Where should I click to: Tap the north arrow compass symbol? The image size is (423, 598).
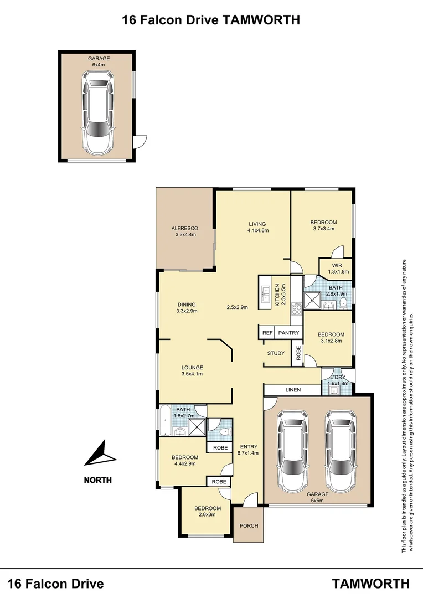101,455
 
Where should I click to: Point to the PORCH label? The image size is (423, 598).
249,525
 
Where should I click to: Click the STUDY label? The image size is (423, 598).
276,353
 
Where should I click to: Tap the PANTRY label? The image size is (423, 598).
288,333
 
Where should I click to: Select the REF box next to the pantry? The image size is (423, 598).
267,333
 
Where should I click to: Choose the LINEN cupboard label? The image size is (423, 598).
293,390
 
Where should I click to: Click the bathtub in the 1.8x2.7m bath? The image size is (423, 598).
164,421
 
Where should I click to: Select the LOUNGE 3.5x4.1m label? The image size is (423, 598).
192,370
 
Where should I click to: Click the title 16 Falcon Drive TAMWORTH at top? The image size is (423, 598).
211,20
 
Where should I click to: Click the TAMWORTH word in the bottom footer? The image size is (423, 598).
371,583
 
